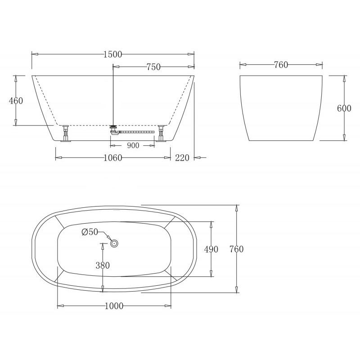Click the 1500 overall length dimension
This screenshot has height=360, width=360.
click(x=112, y=54)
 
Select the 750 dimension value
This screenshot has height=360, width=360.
click(x=153, y=67)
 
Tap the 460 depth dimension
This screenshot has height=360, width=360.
click(x=16, y=101)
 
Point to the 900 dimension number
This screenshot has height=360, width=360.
click(x=133, y=145)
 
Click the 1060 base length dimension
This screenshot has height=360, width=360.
click(x=112, y=157)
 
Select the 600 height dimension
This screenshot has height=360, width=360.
click(x=344, y=108)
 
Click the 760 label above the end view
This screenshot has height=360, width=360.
click(x=281, y=65)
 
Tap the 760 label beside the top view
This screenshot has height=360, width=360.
click(x=236, y=249)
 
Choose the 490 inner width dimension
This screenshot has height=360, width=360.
click(x=211, y=249)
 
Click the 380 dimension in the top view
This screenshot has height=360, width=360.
click(x=103, y=265)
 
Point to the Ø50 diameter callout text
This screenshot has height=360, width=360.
click(x=90, y=232)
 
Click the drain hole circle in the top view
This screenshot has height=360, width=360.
click(x=114, y=243)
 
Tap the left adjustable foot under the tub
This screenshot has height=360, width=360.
click(x=67, y=133)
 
